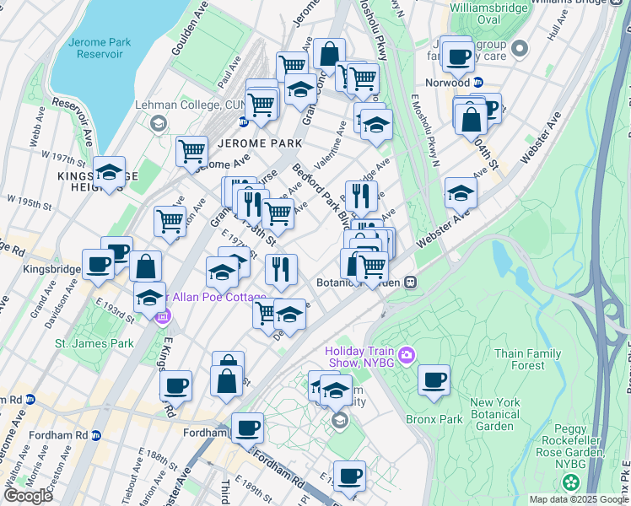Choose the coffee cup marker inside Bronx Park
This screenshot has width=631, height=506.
click(434, 379)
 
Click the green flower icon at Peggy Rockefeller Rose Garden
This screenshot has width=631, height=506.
click(572, 482)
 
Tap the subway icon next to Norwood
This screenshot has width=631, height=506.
click(478, 83)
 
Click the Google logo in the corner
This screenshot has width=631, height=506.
click(29, 496)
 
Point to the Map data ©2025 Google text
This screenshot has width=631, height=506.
click(578, 499)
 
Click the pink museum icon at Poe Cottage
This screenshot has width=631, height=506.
click(164, 317)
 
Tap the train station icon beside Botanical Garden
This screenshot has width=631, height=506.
click(410, 283)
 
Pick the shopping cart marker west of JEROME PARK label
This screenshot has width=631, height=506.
click(191, 152)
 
